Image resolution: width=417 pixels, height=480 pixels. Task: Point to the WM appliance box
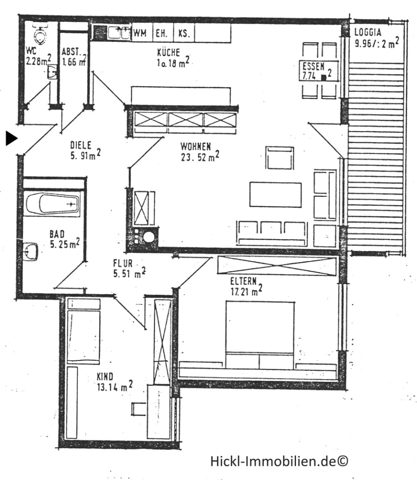tap(140, 33)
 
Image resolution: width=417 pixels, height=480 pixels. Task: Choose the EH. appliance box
tap(162, 33)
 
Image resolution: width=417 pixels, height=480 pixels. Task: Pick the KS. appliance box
tap(183, 33)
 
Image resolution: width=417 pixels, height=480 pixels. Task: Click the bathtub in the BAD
tap(52, 203)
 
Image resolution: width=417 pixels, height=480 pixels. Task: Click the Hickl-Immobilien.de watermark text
tap(279, 461)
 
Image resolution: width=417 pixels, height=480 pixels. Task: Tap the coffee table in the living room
tap(275, 194)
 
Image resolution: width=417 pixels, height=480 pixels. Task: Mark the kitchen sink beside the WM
tap(120, 32)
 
